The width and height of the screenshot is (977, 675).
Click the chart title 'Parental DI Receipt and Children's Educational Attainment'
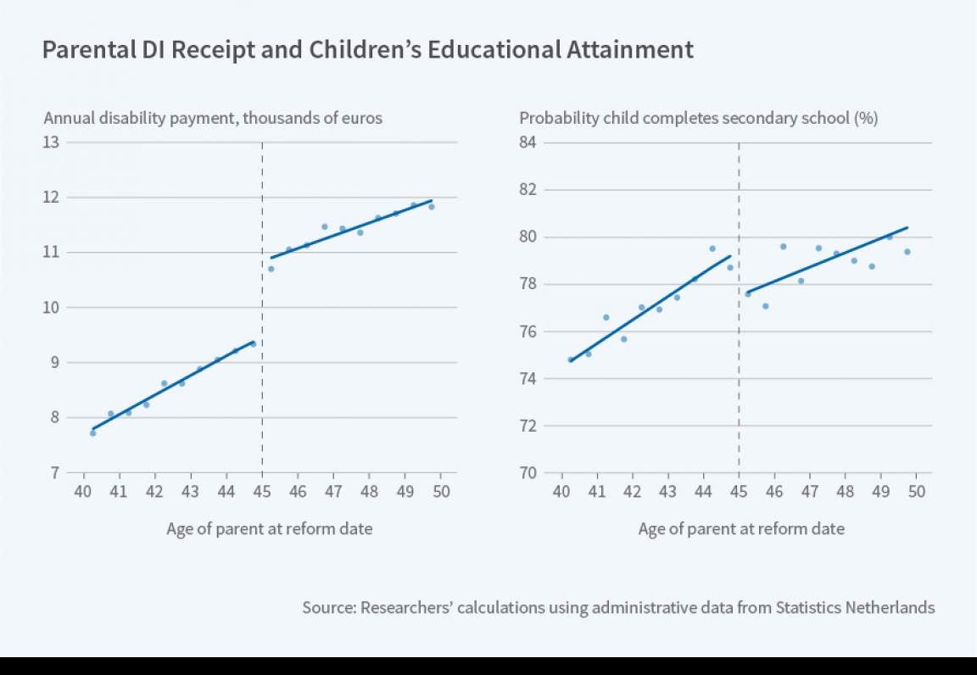367,50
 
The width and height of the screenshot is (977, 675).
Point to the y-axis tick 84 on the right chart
528,142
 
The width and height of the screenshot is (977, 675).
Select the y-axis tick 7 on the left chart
53,472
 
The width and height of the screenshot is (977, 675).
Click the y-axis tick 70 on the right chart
528,472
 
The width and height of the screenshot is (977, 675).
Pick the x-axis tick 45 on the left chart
262,491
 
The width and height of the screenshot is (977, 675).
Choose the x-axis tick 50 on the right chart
916,491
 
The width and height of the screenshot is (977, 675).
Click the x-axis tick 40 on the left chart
83,491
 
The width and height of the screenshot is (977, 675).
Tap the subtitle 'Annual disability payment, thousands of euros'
212,118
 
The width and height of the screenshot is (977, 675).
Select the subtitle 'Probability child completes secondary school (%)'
698,118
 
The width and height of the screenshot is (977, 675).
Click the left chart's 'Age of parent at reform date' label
270,528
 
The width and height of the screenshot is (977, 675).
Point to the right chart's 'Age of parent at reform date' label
741,528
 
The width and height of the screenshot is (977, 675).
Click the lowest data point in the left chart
92,432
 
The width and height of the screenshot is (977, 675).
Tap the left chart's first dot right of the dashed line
271,269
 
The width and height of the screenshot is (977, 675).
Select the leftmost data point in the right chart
570,360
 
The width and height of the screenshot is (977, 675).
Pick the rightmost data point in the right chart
907,252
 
